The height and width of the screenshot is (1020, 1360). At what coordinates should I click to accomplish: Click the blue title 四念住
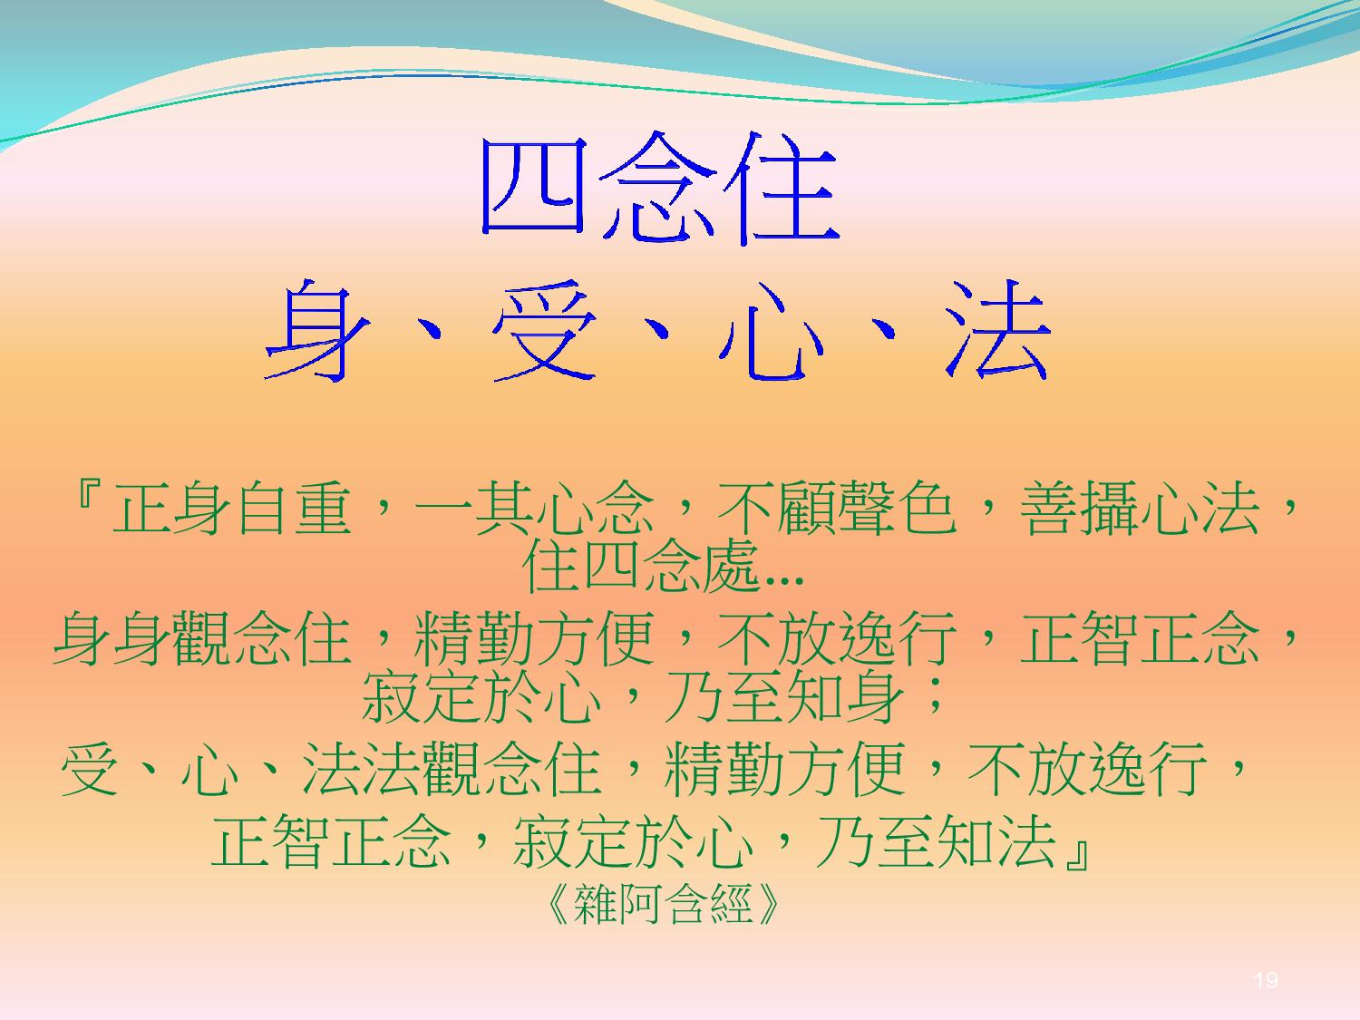pos(660,188)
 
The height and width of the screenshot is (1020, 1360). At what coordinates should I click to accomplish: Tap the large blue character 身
pos(317,330)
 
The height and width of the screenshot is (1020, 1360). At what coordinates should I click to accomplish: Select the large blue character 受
pos(545,330)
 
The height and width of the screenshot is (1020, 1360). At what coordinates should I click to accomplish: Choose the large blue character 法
pos(997,330)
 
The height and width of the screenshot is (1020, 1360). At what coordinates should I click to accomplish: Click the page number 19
pos(1266,980)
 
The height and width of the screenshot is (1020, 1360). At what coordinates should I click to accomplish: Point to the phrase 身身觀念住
pos(203,638)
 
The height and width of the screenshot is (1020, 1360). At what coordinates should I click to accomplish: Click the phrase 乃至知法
pos(936,840)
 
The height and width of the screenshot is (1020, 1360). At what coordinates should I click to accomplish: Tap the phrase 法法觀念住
pos(452,768)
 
